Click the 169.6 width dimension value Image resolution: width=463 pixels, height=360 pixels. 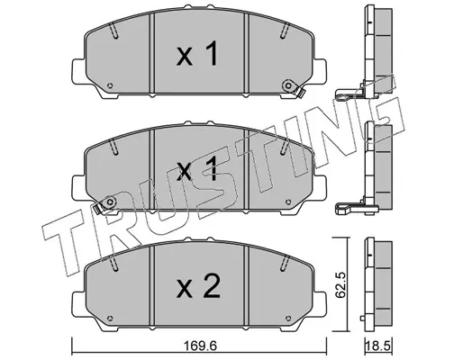[x=199, y=346]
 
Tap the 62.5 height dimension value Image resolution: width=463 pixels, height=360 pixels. [x=340, y=285]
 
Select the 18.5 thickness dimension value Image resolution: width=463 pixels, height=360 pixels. [x=378, y=346]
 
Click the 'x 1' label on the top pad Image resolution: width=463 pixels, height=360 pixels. [x=196, y=54]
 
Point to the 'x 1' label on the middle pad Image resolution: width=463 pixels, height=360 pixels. [x=196, y=169]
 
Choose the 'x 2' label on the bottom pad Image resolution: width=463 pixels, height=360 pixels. [x=198, y=285]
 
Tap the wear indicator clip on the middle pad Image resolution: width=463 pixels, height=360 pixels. [x=105, y=205]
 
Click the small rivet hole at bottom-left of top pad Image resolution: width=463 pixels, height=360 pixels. [x=110, y=85]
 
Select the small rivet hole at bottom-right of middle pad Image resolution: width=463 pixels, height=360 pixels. [x=288, y=202]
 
